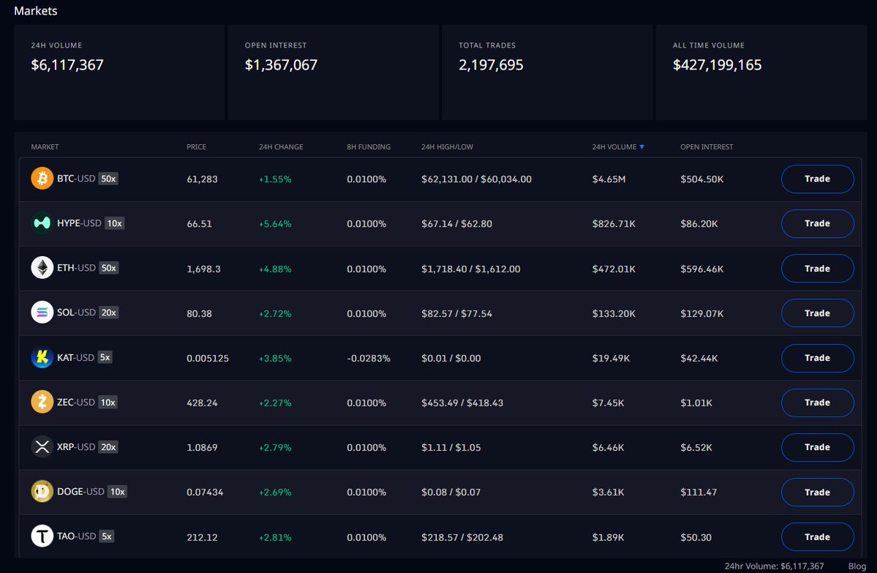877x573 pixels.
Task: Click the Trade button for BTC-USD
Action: coord(817,179)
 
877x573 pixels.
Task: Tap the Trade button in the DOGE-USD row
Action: coord(817,492)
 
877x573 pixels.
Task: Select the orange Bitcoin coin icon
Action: coord(42,179)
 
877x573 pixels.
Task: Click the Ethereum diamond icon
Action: coord(42,268)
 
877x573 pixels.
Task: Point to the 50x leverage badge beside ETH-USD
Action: coord(108,268)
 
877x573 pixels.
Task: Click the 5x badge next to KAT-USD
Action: coord(105,358)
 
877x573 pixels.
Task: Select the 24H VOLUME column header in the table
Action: coord(614,146)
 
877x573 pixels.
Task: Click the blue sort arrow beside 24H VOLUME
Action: coord(642,147)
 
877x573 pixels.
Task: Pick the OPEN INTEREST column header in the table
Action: coord(707,146)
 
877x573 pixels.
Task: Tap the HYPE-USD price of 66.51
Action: coord(199,224)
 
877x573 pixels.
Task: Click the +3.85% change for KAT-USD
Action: coord(275,358)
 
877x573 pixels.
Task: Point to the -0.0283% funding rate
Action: coord(369,358)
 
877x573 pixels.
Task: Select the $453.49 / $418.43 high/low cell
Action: coord(462,403)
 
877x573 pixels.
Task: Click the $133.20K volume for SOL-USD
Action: coord(614,313)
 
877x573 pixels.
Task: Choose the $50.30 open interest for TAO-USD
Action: coord(696,537)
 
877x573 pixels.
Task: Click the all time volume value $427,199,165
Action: coord(717,65)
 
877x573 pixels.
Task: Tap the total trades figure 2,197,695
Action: coord(491,65)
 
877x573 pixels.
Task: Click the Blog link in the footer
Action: coord(857,566)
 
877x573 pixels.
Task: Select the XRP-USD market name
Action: coord(76,446)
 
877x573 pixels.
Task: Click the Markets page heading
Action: coord(35,11)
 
